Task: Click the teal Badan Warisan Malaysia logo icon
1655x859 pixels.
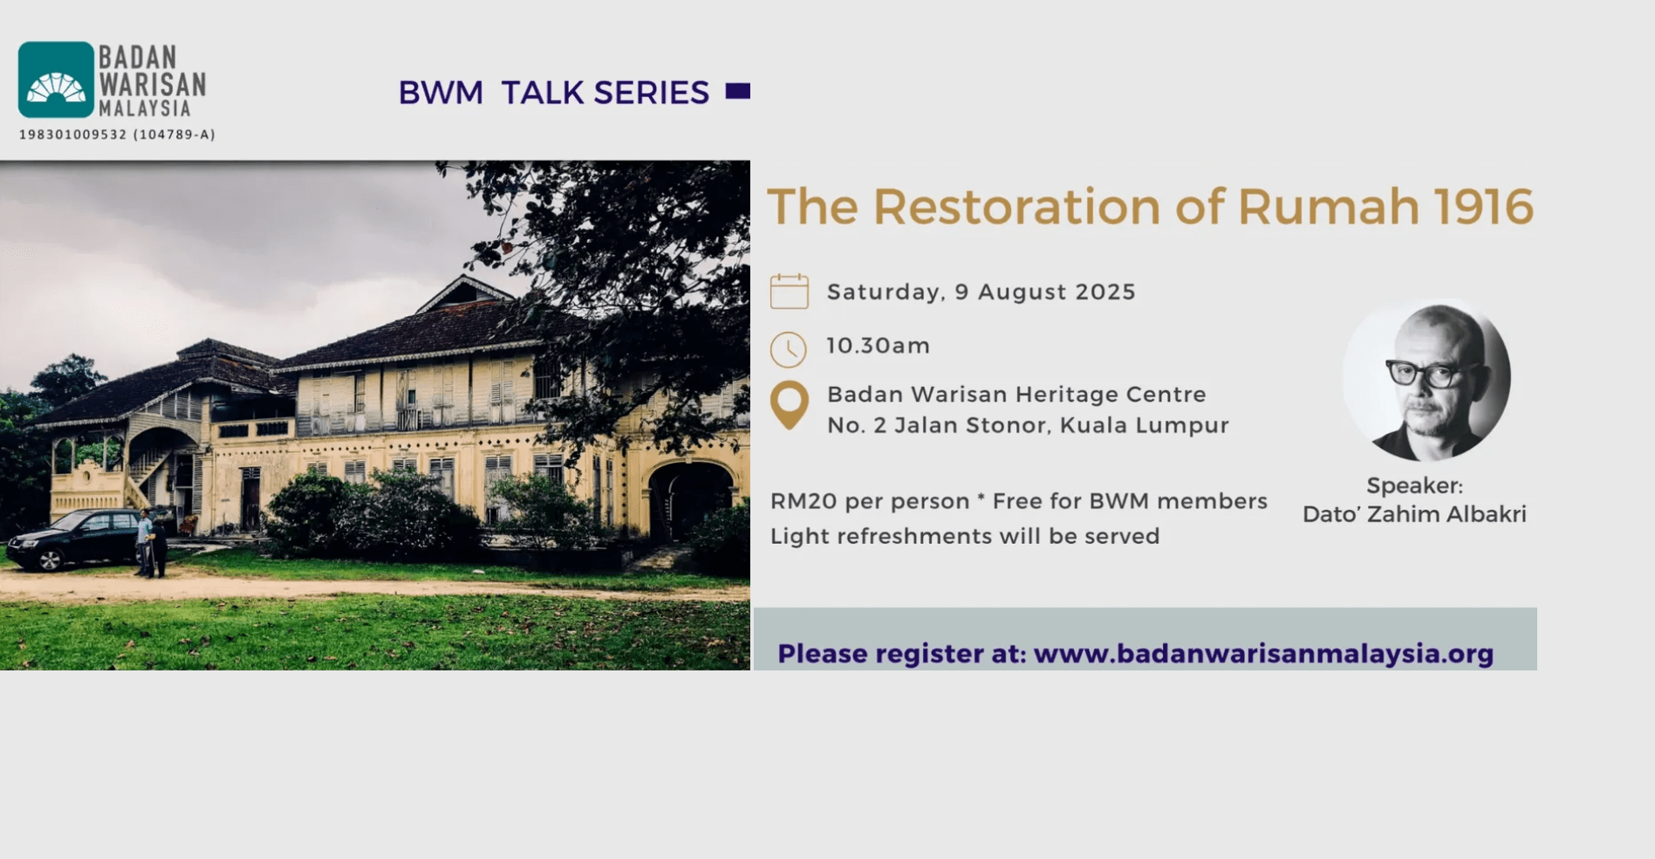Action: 56,79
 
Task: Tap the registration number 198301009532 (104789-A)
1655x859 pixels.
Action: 117,134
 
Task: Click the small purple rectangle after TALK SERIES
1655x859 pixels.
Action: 738,91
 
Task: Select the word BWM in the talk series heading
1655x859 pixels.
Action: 441,93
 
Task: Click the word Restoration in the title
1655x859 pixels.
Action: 1017,207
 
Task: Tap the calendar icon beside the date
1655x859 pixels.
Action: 789,292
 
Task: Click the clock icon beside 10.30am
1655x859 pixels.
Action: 789,349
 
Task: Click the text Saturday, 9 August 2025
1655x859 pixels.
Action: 981,292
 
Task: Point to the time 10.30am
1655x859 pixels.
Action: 879,346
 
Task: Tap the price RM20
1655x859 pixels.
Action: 804,501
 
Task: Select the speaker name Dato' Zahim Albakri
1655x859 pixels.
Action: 1414,514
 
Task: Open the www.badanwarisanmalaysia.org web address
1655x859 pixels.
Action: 1263,654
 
